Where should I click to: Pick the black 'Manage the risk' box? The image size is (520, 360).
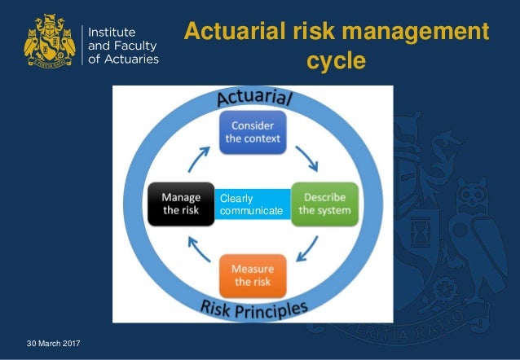tap(181, 204)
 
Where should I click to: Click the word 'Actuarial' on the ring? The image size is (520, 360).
tap(255, 99)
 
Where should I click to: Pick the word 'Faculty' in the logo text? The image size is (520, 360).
tap(136, 44)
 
